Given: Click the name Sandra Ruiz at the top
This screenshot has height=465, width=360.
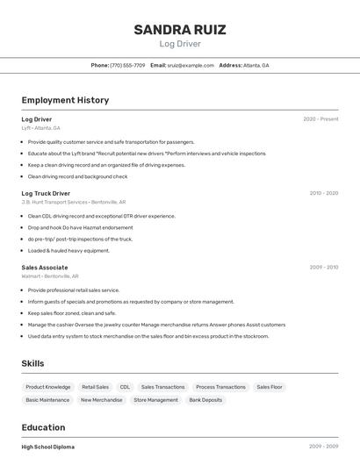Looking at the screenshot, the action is click(180, 30).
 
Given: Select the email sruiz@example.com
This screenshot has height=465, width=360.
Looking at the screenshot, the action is click(191, 65).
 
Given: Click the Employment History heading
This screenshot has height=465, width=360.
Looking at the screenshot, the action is click(65, 100).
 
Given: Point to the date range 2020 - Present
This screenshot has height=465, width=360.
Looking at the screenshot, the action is click(320, 119).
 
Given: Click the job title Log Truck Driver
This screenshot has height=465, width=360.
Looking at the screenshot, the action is click(46, 193).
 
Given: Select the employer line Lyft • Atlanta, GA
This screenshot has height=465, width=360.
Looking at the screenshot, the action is click(40, 128).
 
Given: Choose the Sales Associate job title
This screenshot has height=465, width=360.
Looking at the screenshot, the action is click(44, 268).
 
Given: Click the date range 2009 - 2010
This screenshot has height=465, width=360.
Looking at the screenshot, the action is click(323, 267).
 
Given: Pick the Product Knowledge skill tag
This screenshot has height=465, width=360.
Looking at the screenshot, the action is click(48, 387).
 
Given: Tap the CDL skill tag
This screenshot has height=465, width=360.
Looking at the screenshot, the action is click(125, 387).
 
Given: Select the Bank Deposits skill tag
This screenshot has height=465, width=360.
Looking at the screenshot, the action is click(205, 400).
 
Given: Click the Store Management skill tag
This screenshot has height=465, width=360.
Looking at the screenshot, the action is click(155, 400).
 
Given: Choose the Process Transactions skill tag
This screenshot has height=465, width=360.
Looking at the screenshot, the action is click(220, 387).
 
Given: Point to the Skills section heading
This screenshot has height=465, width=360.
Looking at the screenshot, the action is click(32, 363).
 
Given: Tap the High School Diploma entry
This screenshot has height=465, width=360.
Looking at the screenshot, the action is click(48, 447).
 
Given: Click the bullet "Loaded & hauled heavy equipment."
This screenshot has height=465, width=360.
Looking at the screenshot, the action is click(68, 251).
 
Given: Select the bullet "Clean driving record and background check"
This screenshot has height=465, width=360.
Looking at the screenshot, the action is click(77, 176).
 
